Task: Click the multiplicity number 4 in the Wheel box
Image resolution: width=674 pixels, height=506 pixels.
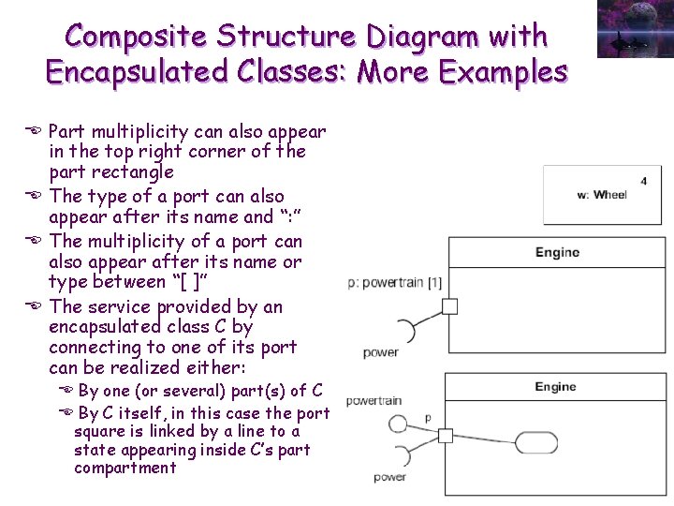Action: tap(644, 181)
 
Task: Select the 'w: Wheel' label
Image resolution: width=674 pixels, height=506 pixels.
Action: tap(602, 195)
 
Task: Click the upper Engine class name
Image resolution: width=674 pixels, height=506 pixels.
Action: tap(557, 252)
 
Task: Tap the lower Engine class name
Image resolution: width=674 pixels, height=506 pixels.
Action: tap(555, 387)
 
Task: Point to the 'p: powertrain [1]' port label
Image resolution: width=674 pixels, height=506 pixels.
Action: tap(394, 282)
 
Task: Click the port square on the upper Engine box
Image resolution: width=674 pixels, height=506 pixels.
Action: tap(449, 306)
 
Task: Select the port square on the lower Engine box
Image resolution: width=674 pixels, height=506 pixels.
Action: tap(446, 436)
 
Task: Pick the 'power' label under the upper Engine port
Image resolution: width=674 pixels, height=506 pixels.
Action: tap(381, 352)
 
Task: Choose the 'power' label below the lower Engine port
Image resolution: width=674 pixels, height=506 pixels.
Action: tap(389, 477)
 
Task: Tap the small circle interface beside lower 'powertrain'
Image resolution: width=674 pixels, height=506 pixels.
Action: tap(398, 424)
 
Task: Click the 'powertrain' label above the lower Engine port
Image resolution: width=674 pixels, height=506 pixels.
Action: tap(374, 401)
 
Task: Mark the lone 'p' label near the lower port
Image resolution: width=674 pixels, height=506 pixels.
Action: tap(428, 417)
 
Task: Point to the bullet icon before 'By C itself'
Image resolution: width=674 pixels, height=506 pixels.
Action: tap(65, 413)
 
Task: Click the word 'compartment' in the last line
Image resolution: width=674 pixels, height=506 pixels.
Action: tap(125, 468)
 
